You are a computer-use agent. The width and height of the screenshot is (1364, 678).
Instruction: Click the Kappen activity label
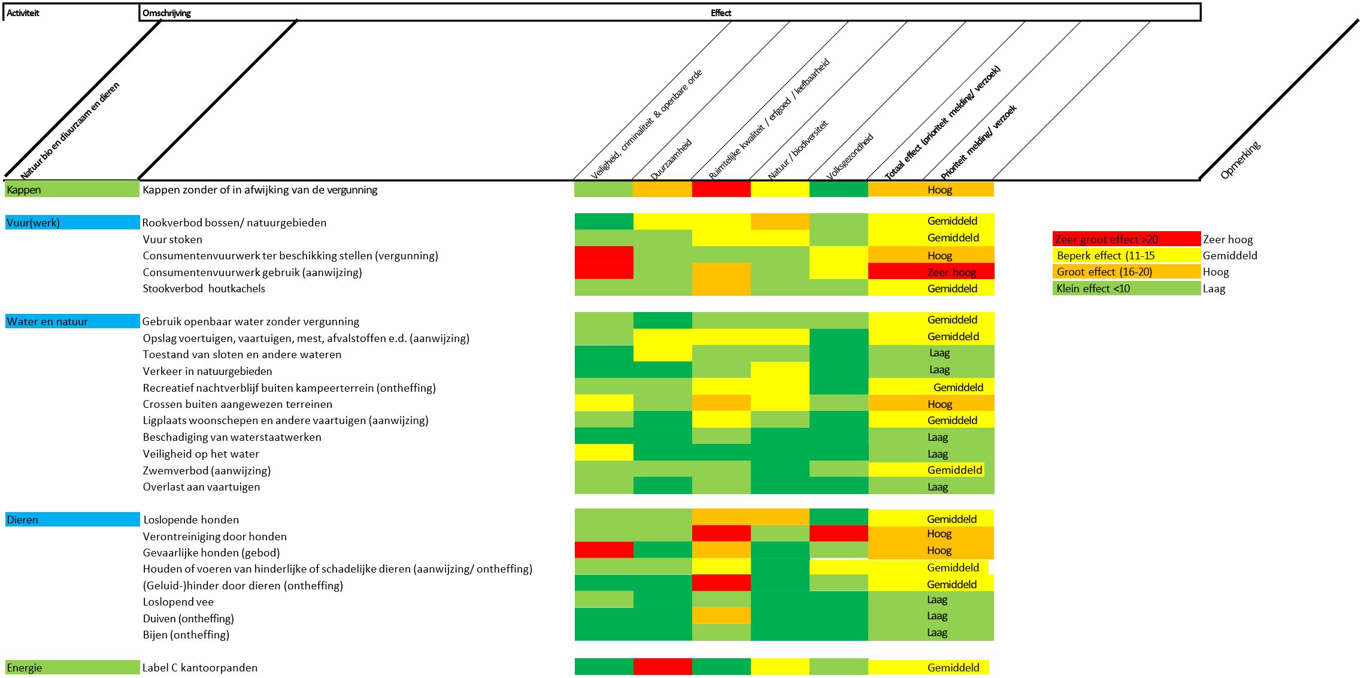click(24, 190)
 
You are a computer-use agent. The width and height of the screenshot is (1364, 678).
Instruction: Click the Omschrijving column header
click(166, 13)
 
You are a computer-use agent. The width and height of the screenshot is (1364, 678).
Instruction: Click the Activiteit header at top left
click(23, 13)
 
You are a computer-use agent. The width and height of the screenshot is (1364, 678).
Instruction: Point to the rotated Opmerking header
click(1240, 160)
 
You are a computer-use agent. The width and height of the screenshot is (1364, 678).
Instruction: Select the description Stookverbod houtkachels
click(204, 289)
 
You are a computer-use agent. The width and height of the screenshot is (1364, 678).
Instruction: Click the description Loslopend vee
click(178, 602)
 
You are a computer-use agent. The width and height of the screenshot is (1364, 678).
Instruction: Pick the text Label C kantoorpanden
click(199, 668)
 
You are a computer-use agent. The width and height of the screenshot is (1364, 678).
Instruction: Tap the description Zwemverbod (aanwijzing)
click(207, 471)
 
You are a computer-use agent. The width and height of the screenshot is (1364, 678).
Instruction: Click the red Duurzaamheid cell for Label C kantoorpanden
click(662, 667)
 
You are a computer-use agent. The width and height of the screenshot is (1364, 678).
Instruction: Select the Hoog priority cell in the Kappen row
click(939, 190)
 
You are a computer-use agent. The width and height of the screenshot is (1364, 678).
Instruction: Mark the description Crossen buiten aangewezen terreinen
click(237, 404)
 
